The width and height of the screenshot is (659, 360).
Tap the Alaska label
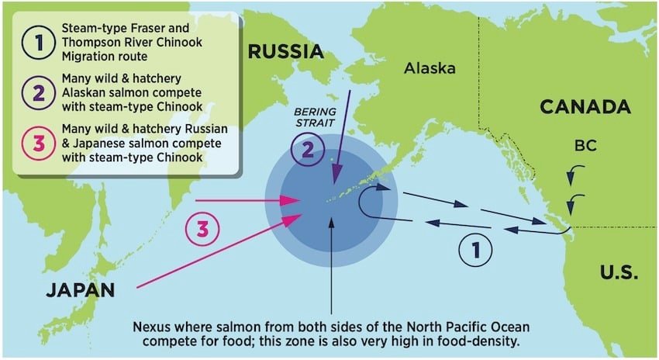pos(430,68)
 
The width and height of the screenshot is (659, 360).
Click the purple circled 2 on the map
pos(307,151)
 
